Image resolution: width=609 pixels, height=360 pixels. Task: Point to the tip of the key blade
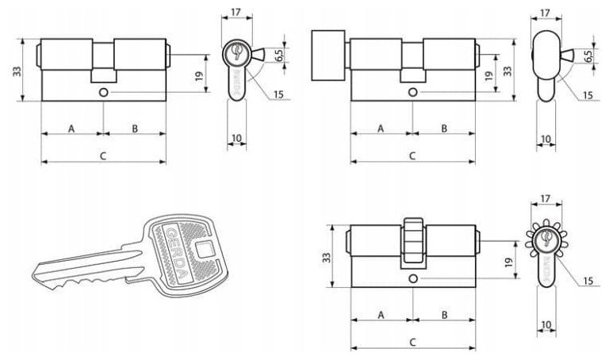(x=33, y=274)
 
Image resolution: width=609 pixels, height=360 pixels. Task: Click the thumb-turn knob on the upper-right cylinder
(x=328, y=56)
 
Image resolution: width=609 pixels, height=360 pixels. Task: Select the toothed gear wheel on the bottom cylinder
(x=413, y=240)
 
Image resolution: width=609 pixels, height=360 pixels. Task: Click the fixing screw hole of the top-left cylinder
(x=103, y=93)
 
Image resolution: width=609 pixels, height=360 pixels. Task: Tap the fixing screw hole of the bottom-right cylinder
(x=413, y=278)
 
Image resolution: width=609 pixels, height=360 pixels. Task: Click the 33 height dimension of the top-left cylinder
(x=17, y=71)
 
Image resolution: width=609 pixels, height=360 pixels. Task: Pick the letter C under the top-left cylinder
(x=103, y=156)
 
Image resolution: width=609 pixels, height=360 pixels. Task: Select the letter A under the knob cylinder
(x=381, y=128)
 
